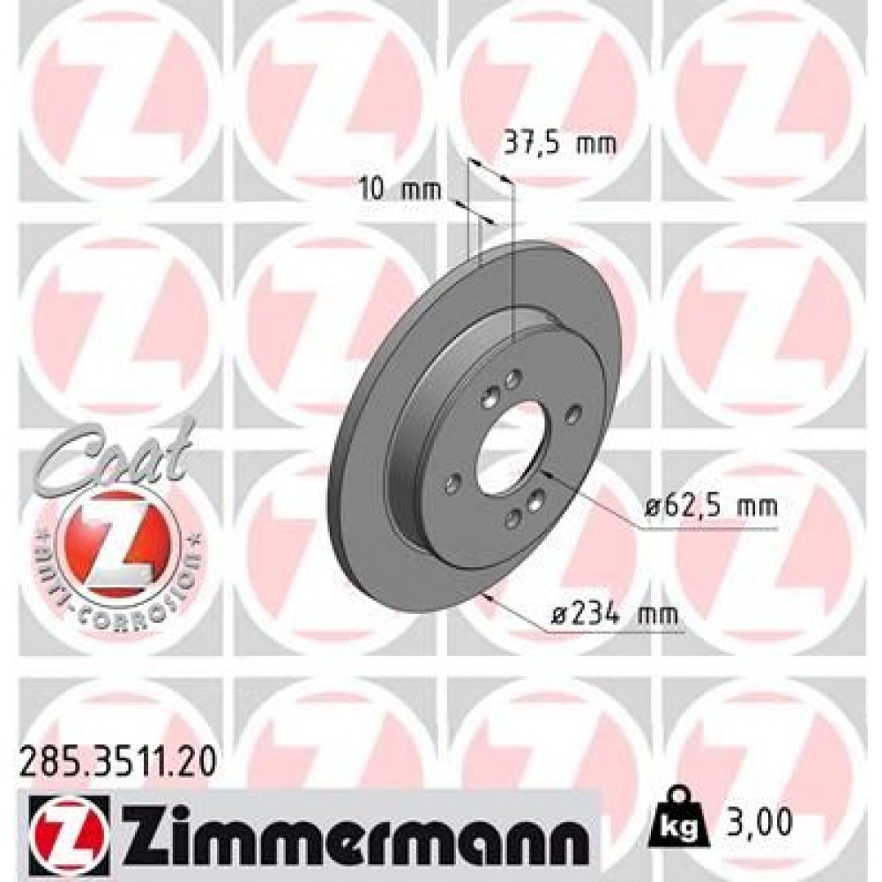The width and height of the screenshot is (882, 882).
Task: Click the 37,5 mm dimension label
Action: click(557, 142)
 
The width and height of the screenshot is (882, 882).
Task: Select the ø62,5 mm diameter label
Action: click(710, 507)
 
